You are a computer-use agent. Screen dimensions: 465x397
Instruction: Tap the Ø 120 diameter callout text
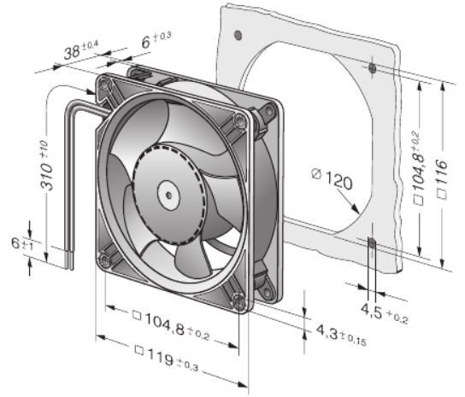333,179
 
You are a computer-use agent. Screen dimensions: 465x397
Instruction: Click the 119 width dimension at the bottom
166,358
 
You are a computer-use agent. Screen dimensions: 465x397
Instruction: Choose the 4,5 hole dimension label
385,313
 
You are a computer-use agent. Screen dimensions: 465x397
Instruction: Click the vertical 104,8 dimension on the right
418,167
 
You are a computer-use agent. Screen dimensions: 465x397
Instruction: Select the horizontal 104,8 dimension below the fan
171,324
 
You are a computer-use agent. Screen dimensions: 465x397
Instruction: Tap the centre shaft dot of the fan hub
168,196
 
